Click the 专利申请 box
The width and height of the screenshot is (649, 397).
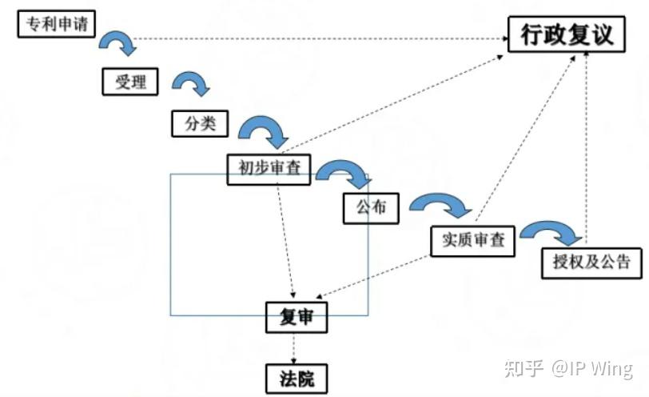point(56,24)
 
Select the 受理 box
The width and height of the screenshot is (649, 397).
point(129,81)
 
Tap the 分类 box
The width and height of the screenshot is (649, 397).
point(200,123)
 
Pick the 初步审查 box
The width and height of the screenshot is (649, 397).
point(269,168)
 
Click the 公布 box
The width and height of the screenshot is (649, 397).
point(371,207)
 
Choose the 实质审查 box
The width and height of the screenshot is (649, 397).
point(472,240)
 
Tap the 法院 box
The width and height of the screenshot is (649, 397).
point(297,378)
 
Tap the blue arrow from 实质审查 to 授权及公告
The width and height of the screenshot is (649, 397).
point(550,232)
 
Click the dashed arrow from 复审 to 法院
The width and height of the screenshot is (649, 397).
point(295,348)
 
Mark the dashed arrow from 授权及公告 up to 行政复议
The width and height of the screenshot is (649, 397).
point(587,144)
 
